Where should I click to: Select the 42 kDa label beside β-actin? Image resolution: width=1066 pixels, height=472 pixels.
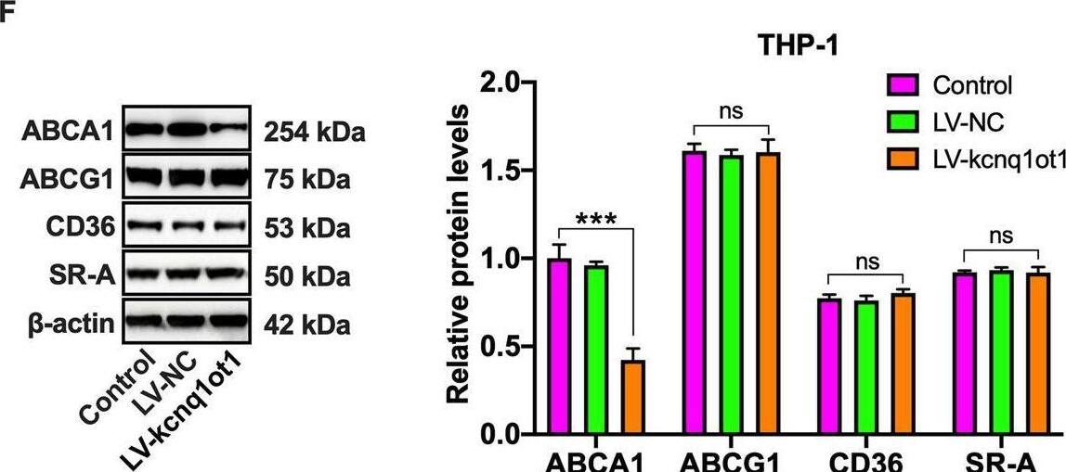pos(305,325)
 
